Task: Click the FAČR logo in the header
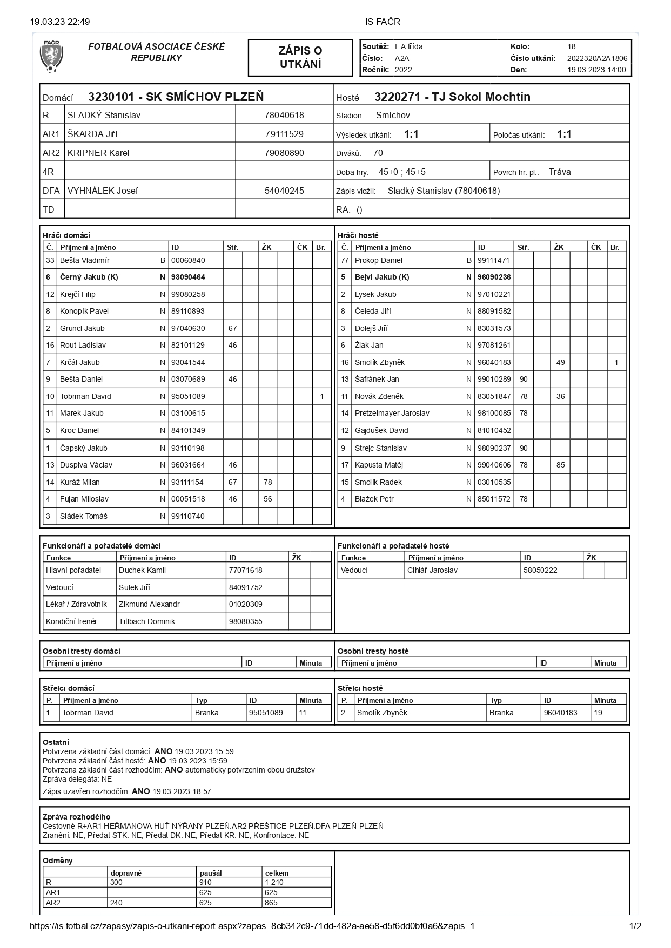coord(51,57)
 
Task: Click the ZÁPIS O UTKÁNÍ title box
coord(300,57)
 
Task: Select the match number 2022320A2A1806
coord(597,58)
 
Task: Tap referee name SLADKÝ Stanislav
coord(104,115)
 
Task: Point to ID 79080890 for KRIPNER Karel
coord(284,153)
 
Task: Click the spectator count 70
coord(378,153)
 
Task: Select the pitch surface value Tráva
coord(559,172)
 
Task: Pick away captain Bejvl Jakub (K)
coord(381,277)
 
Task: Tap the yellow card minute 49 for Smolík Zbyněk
coord(560,362)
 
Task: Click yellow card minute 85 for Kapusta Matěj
coord(560,465)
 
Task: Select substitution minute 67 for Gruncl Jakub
coord(232,328)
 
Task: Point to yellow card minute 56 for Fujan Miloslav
coord(267,499)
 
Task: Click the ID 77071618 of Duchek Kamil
coord(245,570)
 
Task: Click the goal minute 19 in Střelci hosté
coord(598,713)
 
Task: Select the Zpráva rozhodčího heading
coord(76,817)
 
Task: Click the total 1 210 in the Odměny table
coord(274,882)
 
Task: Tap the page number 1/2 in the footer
coord(635,926)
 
